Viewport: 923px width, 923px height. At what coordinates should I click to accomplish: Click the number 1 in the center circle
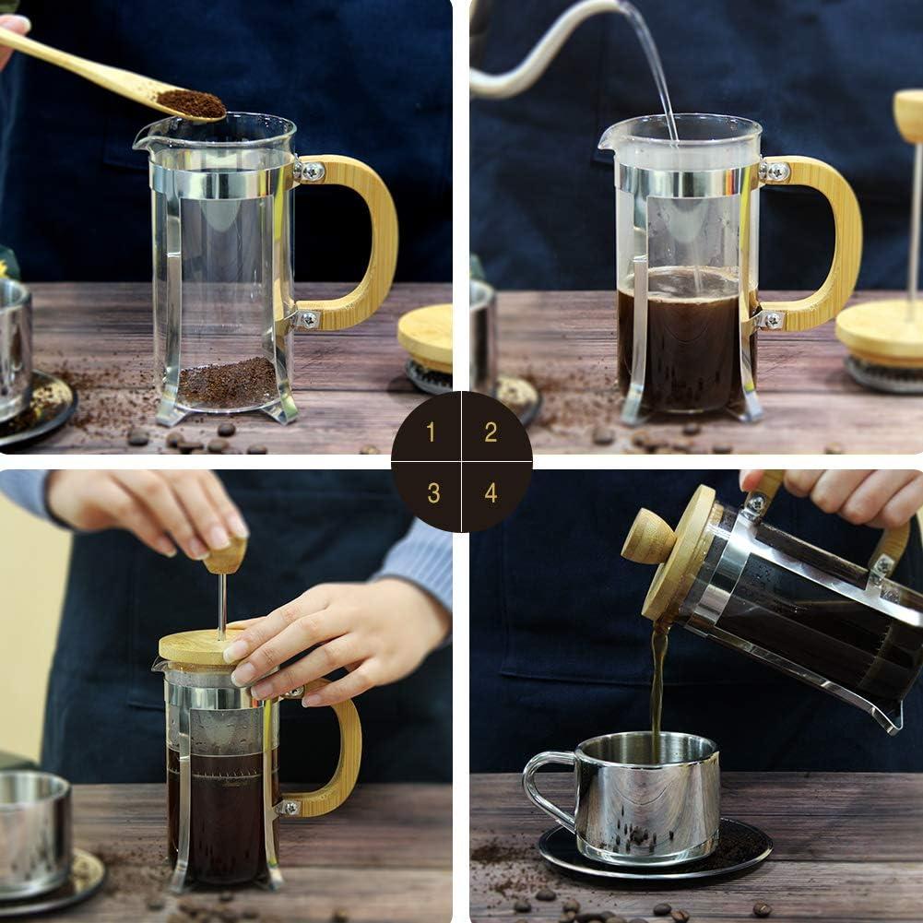[x=431, y=432]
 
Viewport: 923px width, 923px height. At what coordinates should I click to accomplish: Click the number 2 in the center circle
[x=491, y=432]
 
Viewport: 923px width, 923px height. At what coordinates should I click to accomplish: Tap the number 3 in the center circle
[x=432, y=492]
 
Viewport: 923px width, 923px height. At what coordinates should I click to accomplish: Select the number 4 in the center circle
[x=491, y=492]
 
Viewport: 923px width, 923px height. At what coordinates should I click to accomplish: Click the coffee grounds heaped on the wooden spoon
[x=192, y=102]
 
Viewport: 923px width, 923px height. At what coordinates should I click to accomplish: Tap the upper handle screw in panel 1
[x=311, y=172]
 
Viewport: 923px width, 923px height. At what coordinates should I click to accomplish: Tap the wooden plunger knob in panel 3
[x=226, y=556]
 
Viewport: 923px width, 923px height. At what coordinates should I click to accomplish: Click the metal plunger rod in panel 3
[x=222, y=605]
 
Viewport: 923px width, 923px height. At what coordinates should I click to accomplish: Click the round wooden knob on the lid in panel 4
[x=648, y=537]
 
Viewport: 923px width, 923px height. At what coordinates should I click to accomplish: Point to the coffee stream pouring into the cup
[x=657, y=687]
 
